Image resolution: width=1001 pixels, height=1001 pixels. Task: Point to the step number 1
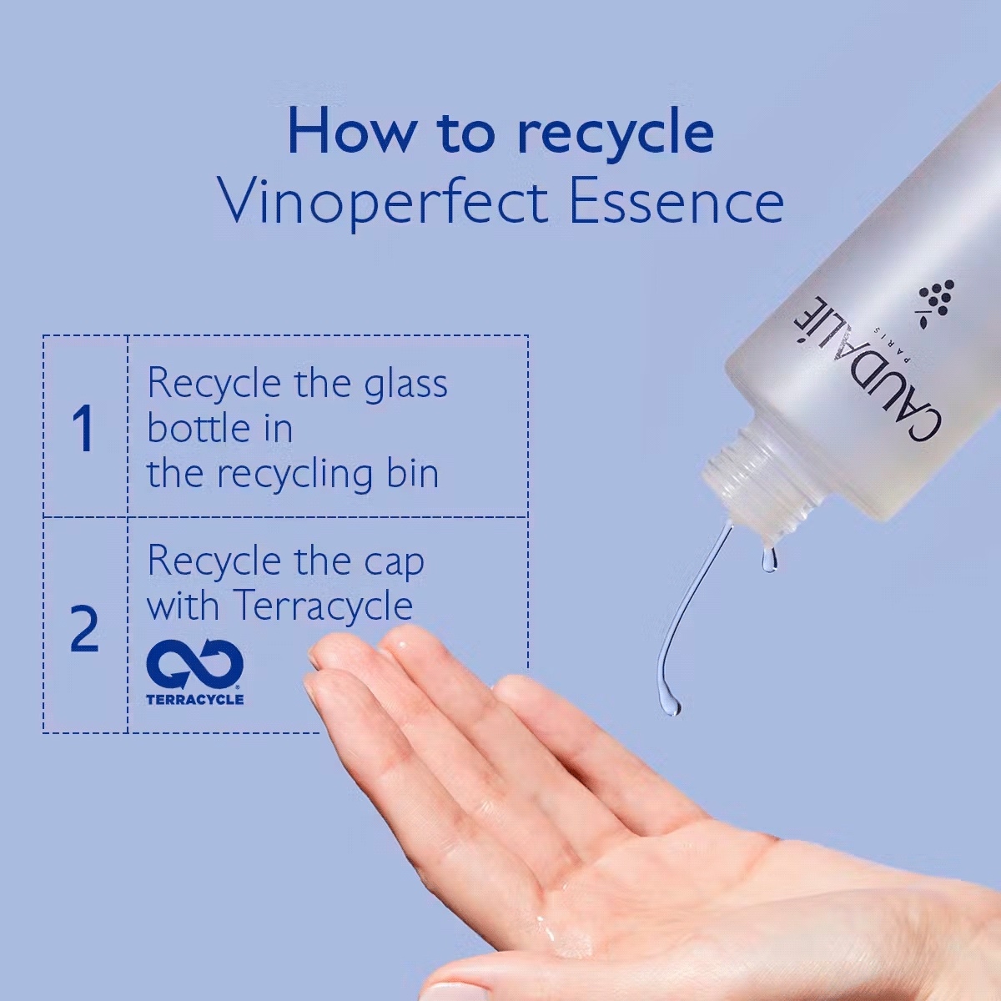pyautogui.click(x=83, y=429)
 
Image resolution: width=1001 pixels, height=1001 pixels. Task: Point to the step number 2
pyautogui.click(x=84, y=629)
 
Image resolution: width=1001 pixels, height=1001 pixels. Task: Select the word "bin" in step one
pyautogui.click(x=414, y=473)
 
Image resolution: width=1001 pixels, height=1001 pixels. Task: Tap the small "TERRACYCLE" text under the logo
pyautogui.click(x=195, y=700)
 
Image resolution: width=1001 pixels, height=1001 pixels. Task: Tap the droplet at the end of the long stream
pyautogui.click(x=671, y=702)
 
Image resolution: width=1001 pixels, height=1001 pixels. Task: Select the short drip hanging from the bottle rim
pyautogui.click(x=768, y=557)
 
